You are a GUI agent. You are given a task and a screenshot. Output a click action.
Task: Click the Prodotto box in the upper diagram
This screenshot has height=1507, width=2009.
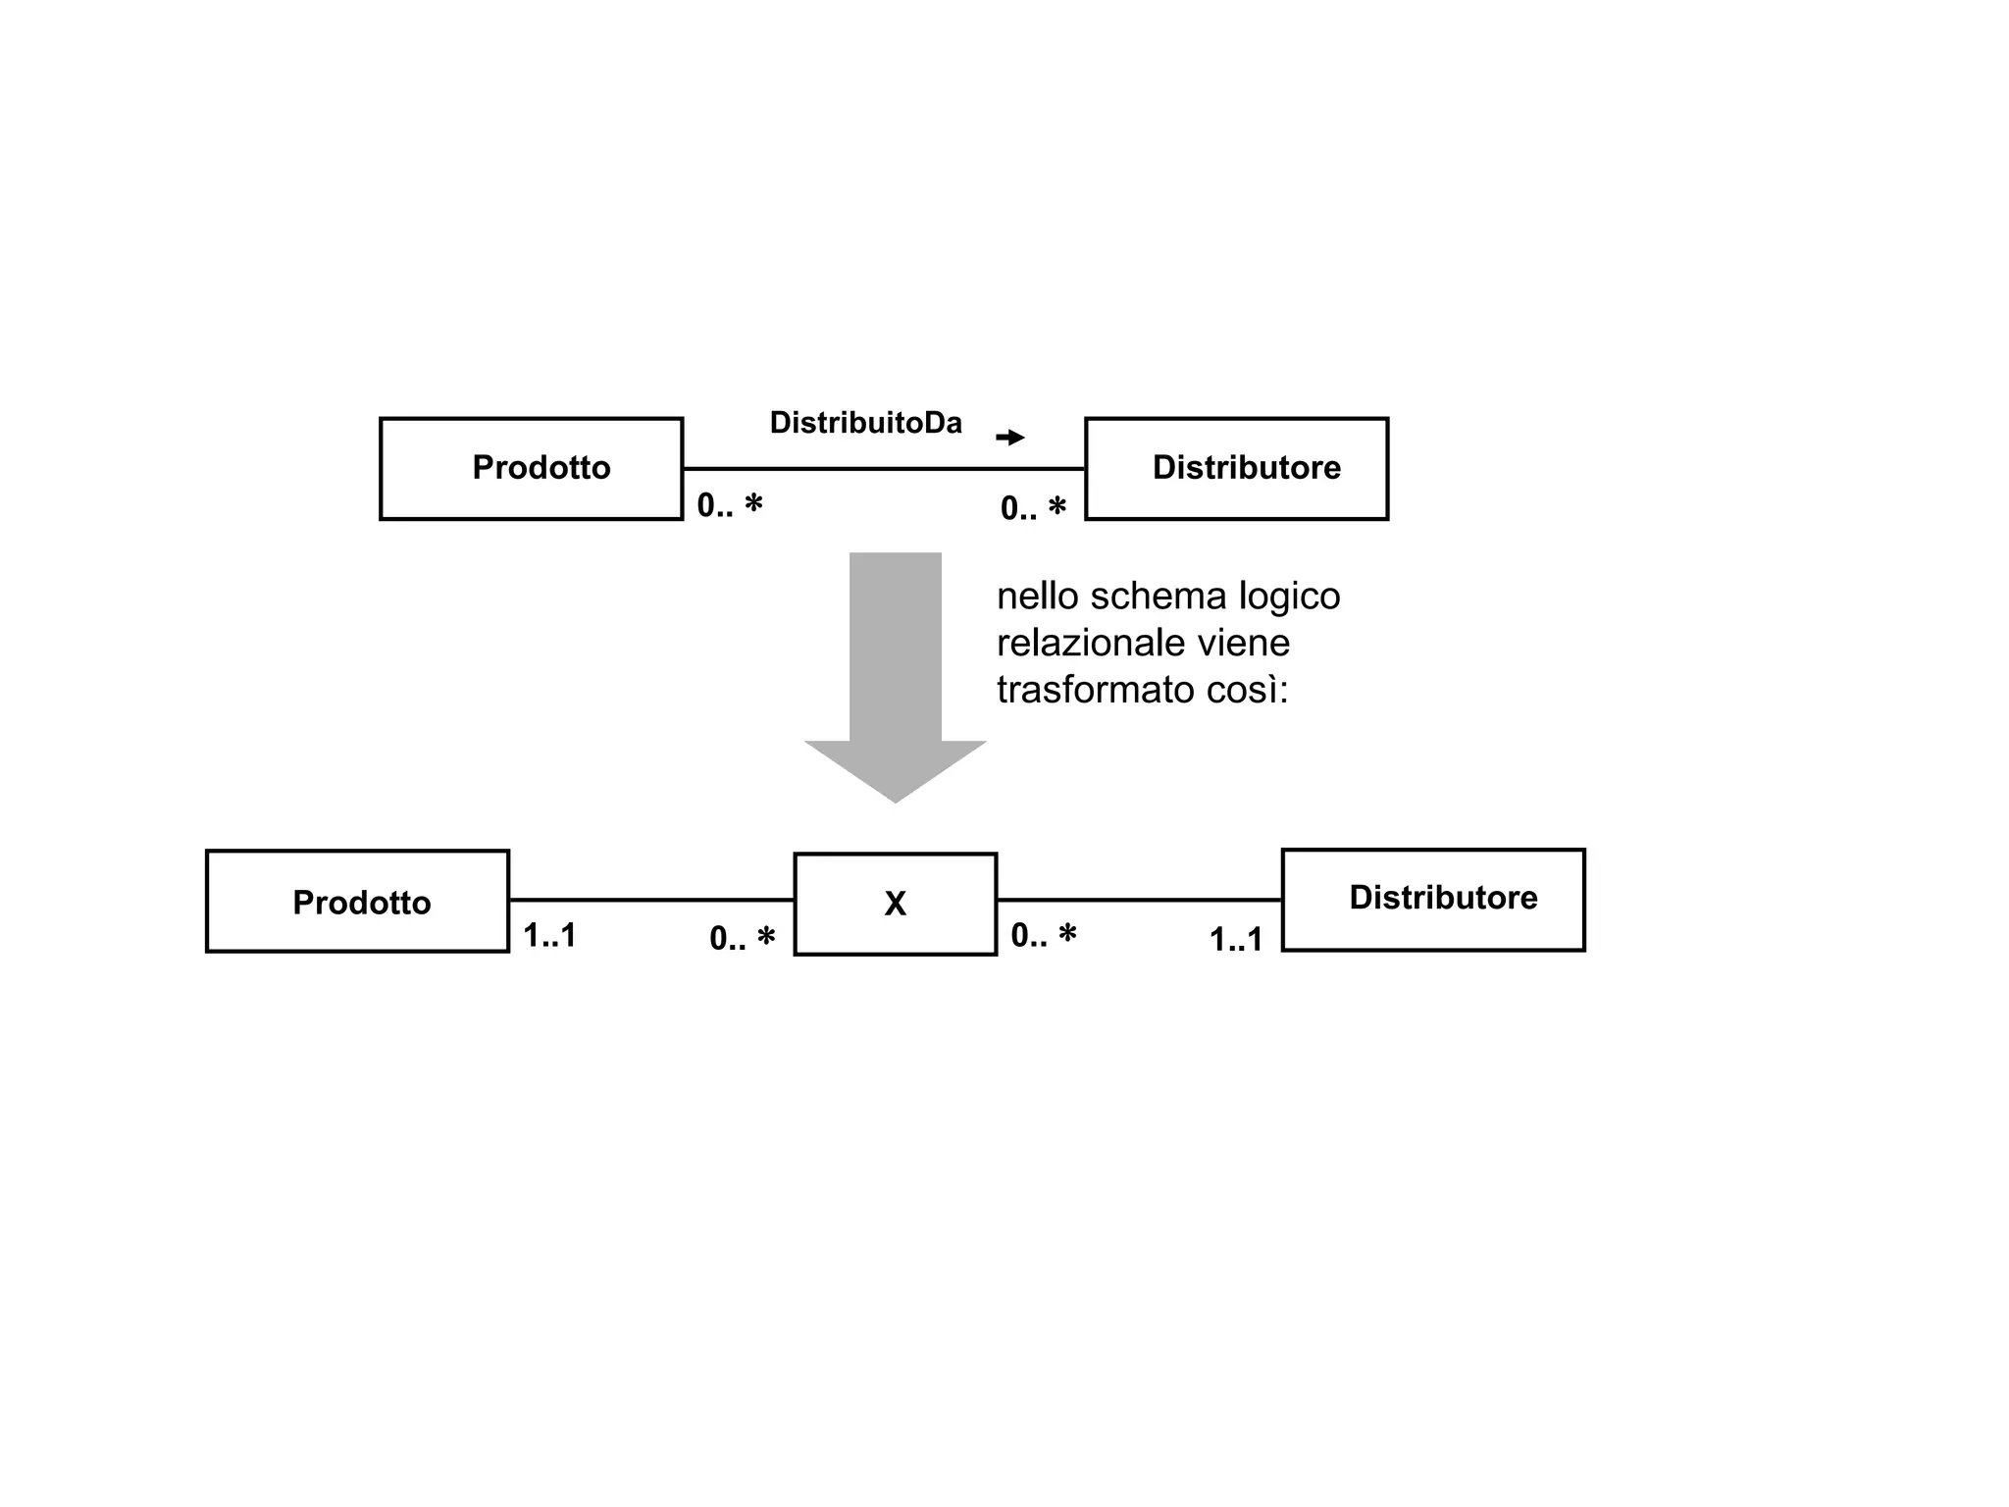[x=531, y=468]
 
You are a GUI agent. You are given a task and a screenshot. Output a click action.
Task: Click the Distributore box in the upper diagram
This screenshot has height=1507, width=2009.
[x=1236, y=468]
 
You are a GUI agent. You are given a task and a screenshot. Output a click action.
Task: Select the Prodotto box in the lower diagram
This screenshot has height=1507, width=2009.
[x=357, y=901]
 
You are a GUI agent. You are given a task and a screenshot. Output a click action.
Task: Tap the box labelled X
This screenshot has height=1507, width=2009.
[x=895, y=904]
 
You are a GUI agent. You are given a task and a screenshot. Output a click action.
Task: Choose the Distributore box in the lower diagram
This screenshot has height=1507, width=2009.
[x=1433, y=900]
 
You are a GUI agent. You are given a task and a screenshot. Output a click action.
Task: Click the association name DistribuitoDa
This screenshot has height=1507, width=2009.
[x=865, y=423]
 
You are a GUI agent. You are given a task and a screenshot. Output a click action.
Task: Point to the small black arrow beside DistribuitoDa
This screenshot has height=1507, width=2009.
[x=1009, y=438]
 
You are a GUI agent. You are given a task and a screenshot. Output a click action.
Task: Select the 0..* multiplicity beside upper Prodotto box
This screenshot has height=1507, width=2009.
[x=729, y=506]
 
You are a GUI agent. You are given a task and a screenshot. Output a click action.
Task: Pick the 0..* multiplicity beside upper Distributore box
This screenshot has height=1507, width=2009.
[x=1032, y=508]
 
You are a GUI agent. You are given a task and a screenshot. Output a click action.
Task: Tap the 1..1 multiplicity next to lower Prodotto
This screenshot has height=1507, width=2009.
[x=549, y=936]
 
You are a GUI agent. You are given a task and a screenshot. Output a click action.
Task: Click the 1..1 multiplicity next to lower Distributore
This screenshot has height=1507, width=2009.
[x=1235, y=940]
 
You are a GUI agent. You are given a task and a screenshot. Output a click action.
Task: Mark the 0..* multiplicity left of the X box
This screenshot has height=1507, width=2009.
[x=742, y=939]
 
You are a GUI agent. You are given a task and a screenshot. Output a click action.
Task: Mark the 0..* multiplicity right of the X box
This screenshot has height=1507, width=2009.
[x=1043, y=936]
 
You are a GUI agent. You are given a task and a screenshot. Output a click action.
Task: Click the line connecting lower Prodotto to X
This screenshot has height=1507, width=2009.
[x=651, y=899]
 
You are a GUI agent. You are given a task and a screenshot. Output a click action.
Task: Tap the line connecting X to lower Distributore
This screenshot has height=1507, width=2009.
[x=1139, y=899]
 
